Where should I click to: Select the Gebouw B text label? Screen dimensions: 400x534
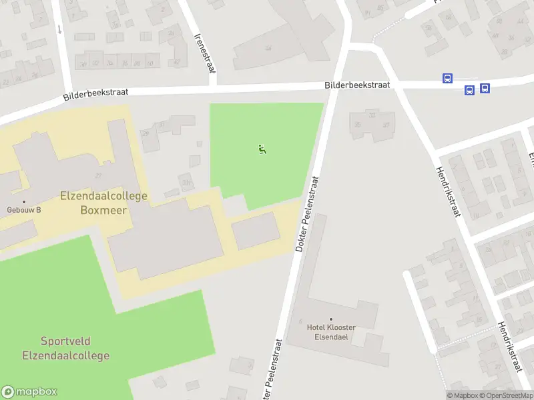click(24, 210)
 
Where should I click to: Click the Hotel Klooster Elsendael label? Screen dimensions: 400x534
click(331, 332)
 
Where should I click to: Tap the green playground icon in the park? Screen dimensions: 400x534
click(262, 149)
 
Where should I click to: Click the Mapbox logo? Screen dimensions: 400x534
click(29, 392)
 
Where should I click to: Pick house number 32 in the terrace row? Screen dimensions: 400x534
click(97, 63)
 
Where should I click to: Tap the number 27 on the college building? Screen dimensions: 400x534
click(98, 175)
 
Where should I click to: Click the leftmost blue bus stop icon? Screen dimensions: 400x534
click(447, 79)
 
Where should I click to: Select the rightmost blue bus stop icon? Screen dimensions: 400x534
click(485, 87)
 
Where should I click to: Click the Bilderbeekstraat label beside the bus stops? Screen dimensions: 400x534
click(357, 85)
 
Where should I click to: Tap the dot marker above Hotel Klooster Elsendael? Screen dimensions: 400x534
click(331, 319)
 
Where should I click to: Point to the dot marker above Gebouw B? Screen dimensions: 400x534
click(24, 201)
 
